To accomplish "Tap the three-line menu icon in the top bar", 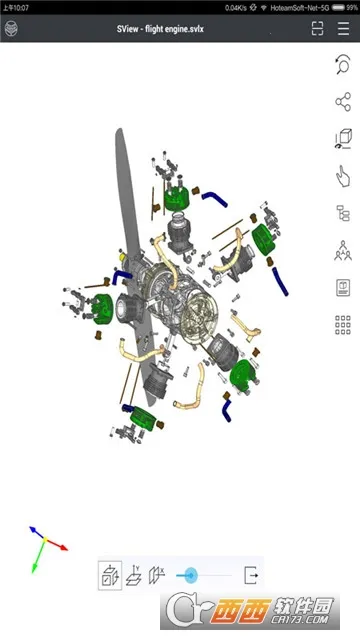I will (345, 29).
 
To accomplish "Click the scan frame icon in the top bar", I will (317, 29).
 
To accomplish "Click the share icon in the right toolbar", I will (343, 102).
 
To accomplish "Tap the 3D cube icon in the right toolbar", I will (343, 139).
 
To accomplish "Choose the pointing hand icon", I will (343, 176).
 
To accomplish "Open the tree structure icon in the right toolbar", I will (343, 213).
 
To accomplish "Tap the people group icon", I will (343, 250).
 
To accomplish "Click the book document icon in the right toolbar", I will (343, 287).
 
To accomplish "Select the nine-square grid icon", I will (343, 325).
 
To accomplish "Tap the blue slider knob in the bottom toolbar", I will (189, 575).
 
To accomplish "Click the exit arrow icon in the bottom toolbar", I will (251, 575).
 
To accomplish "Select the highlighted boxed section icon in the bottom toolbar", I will (110, 575).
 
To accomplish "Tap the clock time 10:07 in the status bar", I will (18, 7).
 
